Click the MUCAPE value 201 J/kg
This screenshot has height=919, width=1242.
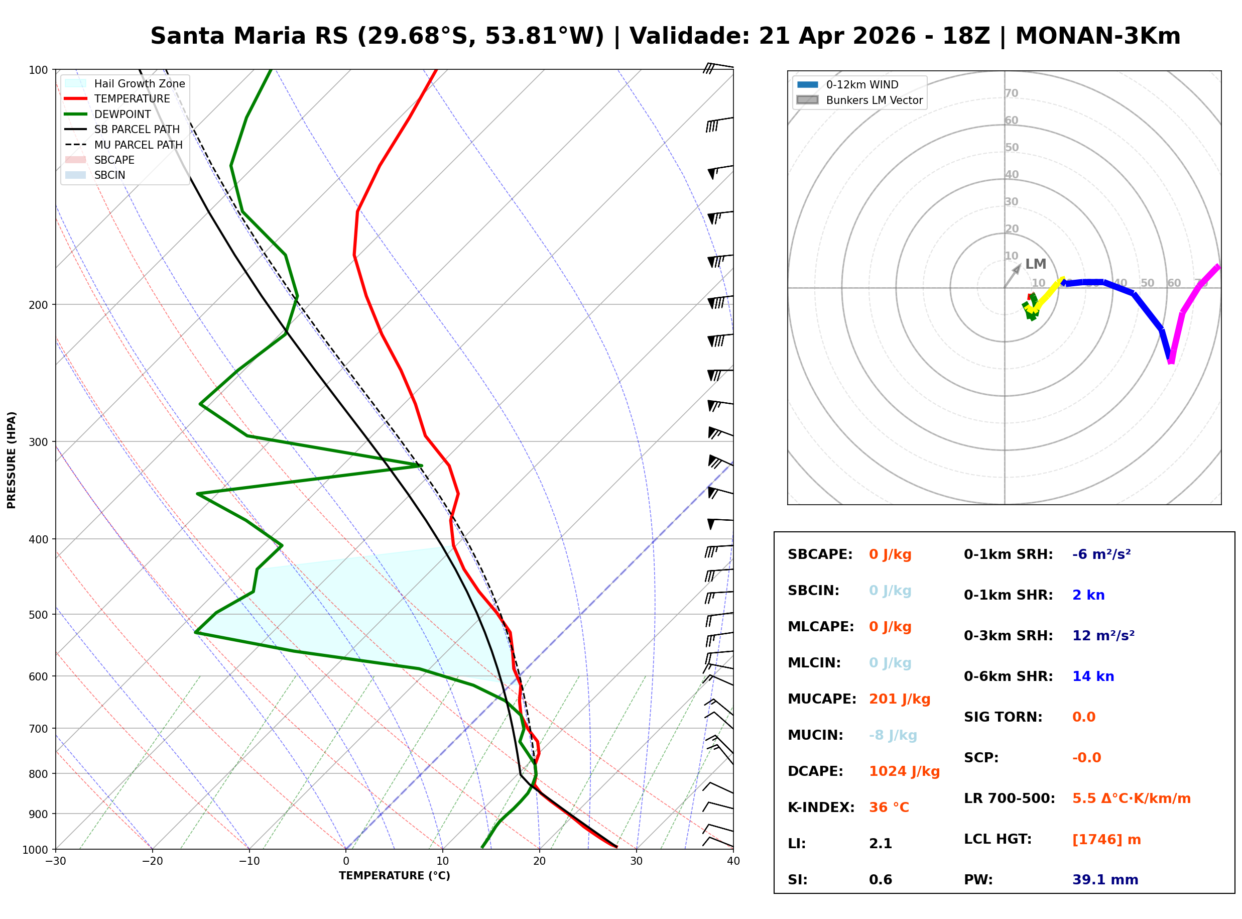coord(899,699)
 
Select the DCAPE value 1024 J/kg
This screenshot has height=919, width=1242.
coord(904,771)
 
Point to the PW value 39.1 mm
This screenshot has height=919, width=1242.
coord(1104,879)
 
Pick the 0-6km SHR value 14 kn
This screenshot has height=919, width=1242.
coord(1093,676)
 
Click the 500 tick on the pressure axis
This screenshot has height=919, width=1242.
coord(38,615)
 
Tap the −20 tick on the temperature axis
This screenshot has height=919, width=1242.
coord(152,861)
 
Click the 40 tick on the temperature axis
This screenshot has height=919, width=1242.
coord(733,861)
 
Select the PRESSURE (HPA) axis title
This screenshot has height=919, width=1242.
coord(12,460)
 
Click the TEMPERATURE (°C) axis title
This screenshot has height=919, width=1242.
coord(394,876)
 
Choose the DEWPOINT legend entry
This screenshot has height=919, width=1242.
coord(122,114)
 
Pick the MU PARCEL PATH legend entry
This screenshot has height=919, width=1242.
coord(138,145)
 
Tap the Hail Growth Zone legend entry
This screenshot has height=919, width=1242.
coord(139,83)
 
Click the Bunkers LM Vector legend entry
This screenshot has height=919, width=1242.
coord(874,100)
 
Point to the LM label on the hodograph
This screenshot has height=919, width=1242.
coord(1035,264)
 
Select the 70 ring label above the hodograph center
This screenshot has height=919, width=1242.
coord(1011,93)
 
